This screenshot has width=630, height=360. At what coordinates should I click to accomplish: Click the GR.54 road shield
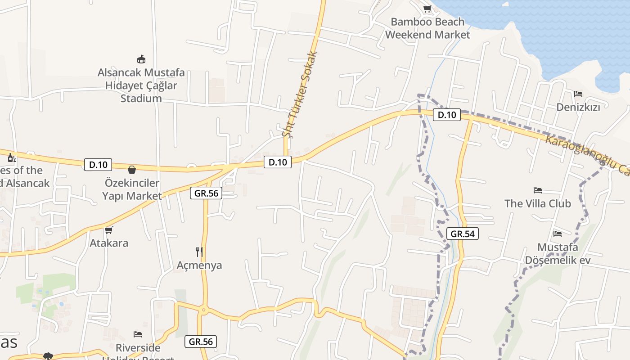(462, 234)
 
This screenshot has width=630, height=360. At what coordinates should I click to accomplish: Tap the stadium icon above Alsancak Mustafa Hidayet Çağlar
(141, 59)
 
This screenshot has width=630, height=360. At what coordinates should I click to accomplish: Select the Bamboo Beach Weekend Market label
(427, 28)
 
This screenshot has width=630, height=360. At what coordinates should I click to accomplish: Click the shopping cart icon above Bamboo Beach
(427, 9)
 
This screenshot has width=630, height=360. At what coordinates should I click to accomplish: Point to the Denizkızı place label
(578, 107)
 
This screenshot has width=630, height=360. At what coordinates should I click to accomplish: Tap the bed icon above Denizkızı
(578, 94)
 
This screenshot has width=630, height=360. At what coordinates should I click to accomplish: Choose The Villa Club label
(537, 203)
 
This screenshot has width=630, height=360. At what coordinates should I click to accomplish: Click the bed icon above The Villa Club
(537, 190)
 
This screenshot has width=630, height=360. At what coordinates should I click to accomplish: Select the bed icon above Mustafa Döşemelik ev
(558, 234)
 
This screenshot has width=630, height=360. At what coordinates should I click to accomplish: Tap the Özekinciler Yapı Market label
(132, 189)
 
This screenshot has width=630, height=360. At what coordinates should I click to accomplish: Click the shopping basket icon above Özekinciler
(132, 170)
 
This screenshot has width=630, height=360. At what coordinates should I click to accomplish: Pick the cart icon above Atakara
(108, 230)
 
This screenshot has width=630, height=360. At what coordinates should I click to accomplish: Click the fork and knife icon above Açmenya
(199, 252)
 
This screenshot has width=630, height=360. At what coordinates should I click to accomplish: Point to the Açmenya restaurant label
(199, 265)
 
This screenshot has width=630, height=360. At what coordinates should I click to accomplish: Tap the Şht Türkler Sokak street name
(300, 94)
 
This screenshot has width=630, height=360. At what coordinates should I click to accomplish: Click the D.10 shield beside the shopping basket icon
(98, 165)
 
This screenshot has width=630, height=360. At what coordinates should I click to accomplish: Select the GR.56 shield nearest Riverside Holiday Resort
(201, 342)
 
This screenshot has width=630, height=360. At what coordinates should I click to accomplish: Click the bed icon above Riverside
(138, 334)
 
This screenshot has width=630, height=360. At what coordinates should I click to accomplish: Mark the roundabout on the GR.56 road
(203, 310)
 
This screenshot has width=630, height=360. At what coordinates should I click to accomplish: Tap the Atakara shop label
(109, 243)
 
